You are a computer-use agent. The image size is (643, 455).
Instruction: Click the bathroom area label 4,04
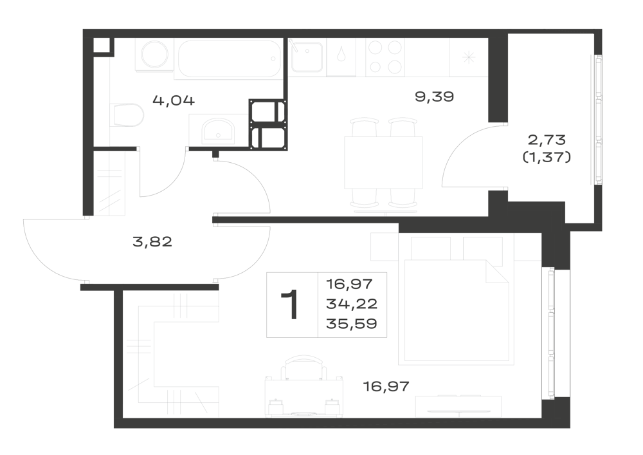(x=174, y=100)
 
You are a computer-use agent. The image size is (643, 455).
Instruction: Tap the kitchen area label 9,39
(x=434, y=97)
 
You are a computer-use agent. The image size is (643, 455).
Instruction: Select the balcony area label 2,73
(x=547, y=140)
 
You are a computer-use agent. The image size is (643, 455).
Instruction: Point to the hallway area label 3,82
(x=152, y=241)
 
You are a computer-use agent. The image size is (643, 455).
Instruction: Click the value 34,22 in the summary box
(x=352, y=304)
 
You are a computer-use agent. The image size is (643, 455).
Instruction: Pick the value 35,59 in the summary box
(x=352, y=324)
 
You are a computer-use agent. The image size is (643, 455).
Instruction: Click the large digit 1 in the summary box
(x=291, y=304)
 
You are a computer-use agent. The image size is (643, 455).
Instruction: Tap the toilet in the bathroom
(x=127, y=115)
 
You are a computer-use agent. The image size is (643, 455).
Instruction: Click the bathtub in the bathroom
(x=229, y=59)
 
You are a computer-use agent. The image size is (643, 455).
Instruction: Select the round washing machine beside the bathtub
(x=155, y=55)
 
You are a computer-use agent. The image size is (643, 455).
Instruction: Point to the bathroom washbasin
(x=218, y=131)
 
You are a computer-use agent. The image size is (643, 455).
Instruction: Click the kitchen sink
(x=306, y=57)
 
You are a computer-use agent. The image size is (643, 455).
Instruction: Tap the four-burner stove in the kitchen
(x=385, y=57)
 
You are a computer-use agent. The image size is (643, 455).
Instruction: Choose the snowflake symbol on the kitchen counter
(x=468, y=57)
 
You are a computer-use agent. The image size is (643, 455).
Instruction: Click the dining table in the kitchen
(x=383, y=162)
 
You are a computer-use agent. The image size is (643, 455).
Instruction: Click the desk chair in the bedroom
(x=303, y=367)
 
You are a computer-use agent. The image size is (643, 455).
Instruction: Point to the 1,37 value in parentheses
(x=547, y=157)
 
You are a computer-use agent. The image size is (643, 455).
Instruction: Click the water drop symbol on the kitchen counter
(x=341, y=56)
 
